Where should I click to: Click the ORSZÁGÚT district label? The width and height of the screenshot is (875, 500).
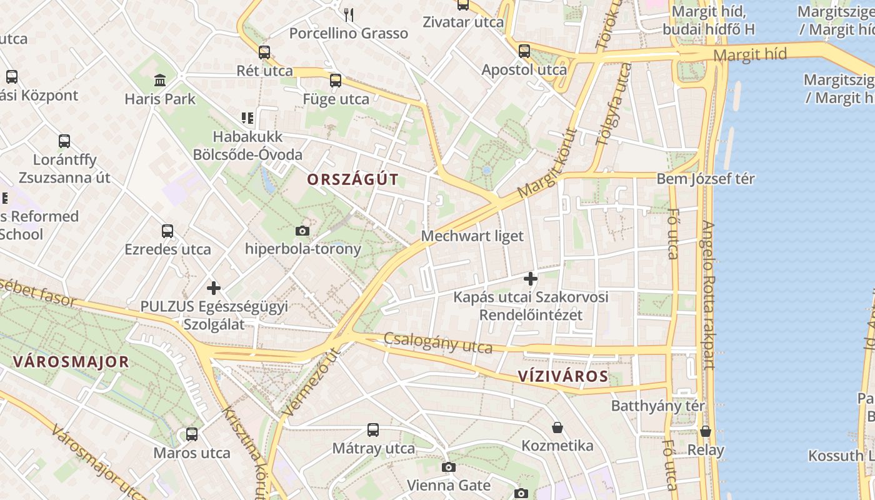pyautogui.click(x=352, y=179)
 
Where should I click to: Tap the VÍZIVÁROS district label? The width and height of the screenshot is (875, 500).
pyautogui.click(x=562, y=376)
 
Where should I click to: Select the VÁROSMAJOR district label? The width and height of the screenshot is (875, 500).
pyautogui.click(x=71, y=361)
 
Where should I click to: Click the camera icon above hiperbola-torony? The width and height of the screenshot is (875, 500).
pyautogui.click(x=302, y=231)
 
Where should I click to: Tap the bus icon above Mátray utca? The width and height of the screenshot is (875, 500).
pyautogui.click(x=373, y=429)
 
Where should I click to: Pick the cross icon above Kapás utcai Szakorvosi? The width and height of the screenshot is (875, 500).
pyautogui.click(x=531, y=278)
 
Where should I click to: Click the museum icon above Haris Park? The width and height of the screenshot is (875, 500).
pyautogui.click(x=160, y=81)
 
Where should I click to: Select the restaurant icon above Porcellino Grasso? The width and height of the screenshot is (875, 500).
pyautogui.click(x=349, y=14)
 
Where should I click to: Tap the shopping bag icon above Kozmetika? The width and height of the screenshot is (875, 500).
pyautogui.click(x=557, y=427)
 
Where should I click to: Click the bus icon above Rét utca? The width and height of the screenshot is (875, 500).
pyautogui.click(x=264, y=52)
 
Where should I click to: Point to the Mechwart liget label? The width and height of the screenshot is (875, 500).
pyautogui.click(x=472, y=236)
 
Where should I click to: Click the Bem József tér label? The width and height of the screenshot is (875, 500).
pyautogui.click(x=705, y=179)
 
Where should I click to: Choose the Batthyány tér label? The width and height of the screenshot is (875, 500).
pyautogui.click(x=657, y=406)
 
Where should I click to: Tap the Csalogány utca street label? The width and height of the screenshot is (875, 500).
pyautogui.click(x=437, y=342)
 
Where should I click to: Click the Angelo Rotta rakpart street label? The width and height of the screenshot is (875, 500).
pyautogui.click(x=707, y=295)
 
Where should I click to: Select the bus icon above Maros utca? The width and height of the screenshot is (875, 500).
pyautogui.click(x=192, y=434)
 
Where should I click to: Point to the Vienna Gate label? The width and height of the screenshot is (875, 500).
pyautogui.click(x=448, y=484)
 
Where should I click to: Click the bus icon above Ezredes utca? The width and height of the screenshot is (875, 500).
pyautogui.click(x=167, y=231)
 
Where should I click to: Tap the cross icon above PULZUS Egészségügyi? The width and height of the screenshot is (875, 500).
pyautogui.click(x=214, y=288)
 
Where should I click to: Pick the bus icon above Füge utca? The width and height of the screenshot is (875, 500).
pyautogui.click(x=336, y=80)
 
